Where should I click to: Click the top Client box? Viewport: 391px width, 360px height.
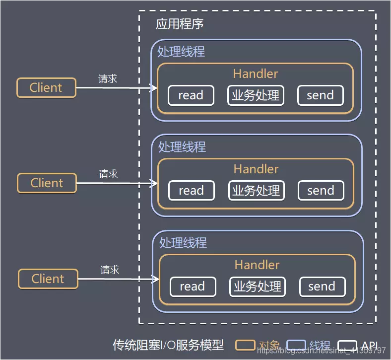pos(46,87)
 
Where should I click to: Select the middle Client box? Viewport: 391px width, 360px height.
pos(47,183)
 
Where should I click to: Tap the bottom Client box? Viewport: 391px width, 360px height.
pos(48,279)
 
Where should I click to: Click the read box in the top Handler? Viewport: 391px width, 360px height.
pos(191,95)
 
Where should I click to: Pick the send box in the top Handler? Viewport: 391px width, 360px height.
pos(321,95)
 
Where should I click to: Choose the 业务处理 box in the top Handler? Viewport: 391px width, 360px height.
pos(256,95)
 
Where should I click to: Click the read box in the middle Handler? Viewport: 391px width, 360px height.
pos(192,191)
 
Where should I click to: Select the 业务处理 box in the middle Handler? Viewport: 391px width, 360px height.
pos(257,191)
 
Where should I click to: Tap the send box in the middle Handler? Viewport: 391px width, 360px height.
pos(321,191)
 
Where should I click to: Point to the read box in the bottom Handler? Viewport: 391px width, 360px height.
pos(193,287)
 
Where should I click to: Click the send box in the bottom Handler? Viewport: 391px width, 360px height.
pos(322,287)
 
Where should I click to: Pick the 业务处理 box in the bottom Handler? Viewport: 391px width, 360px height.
pos(258,287)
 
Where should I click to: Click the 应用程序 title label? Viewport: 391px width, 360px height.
pos(180,24)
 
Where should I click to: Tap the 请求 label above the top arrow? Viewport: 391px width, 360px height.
pos(108,78)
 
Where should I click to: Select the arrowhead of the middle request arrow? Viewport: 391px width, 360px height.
pos(155,183)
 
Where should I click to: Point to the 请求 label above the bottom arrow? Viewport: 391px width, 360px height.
pos(110,270)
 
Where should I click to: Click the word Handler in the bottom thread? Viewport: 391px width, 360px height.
pos(257,265)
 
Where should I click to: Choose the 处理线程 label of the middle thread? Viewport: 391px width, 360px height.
pos(182,146)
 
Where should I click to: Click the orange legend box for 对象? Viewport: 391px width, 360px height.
pos(246,345)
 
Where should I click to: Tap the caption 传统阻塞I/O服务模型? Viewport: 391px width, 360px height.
pos(168,345)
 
